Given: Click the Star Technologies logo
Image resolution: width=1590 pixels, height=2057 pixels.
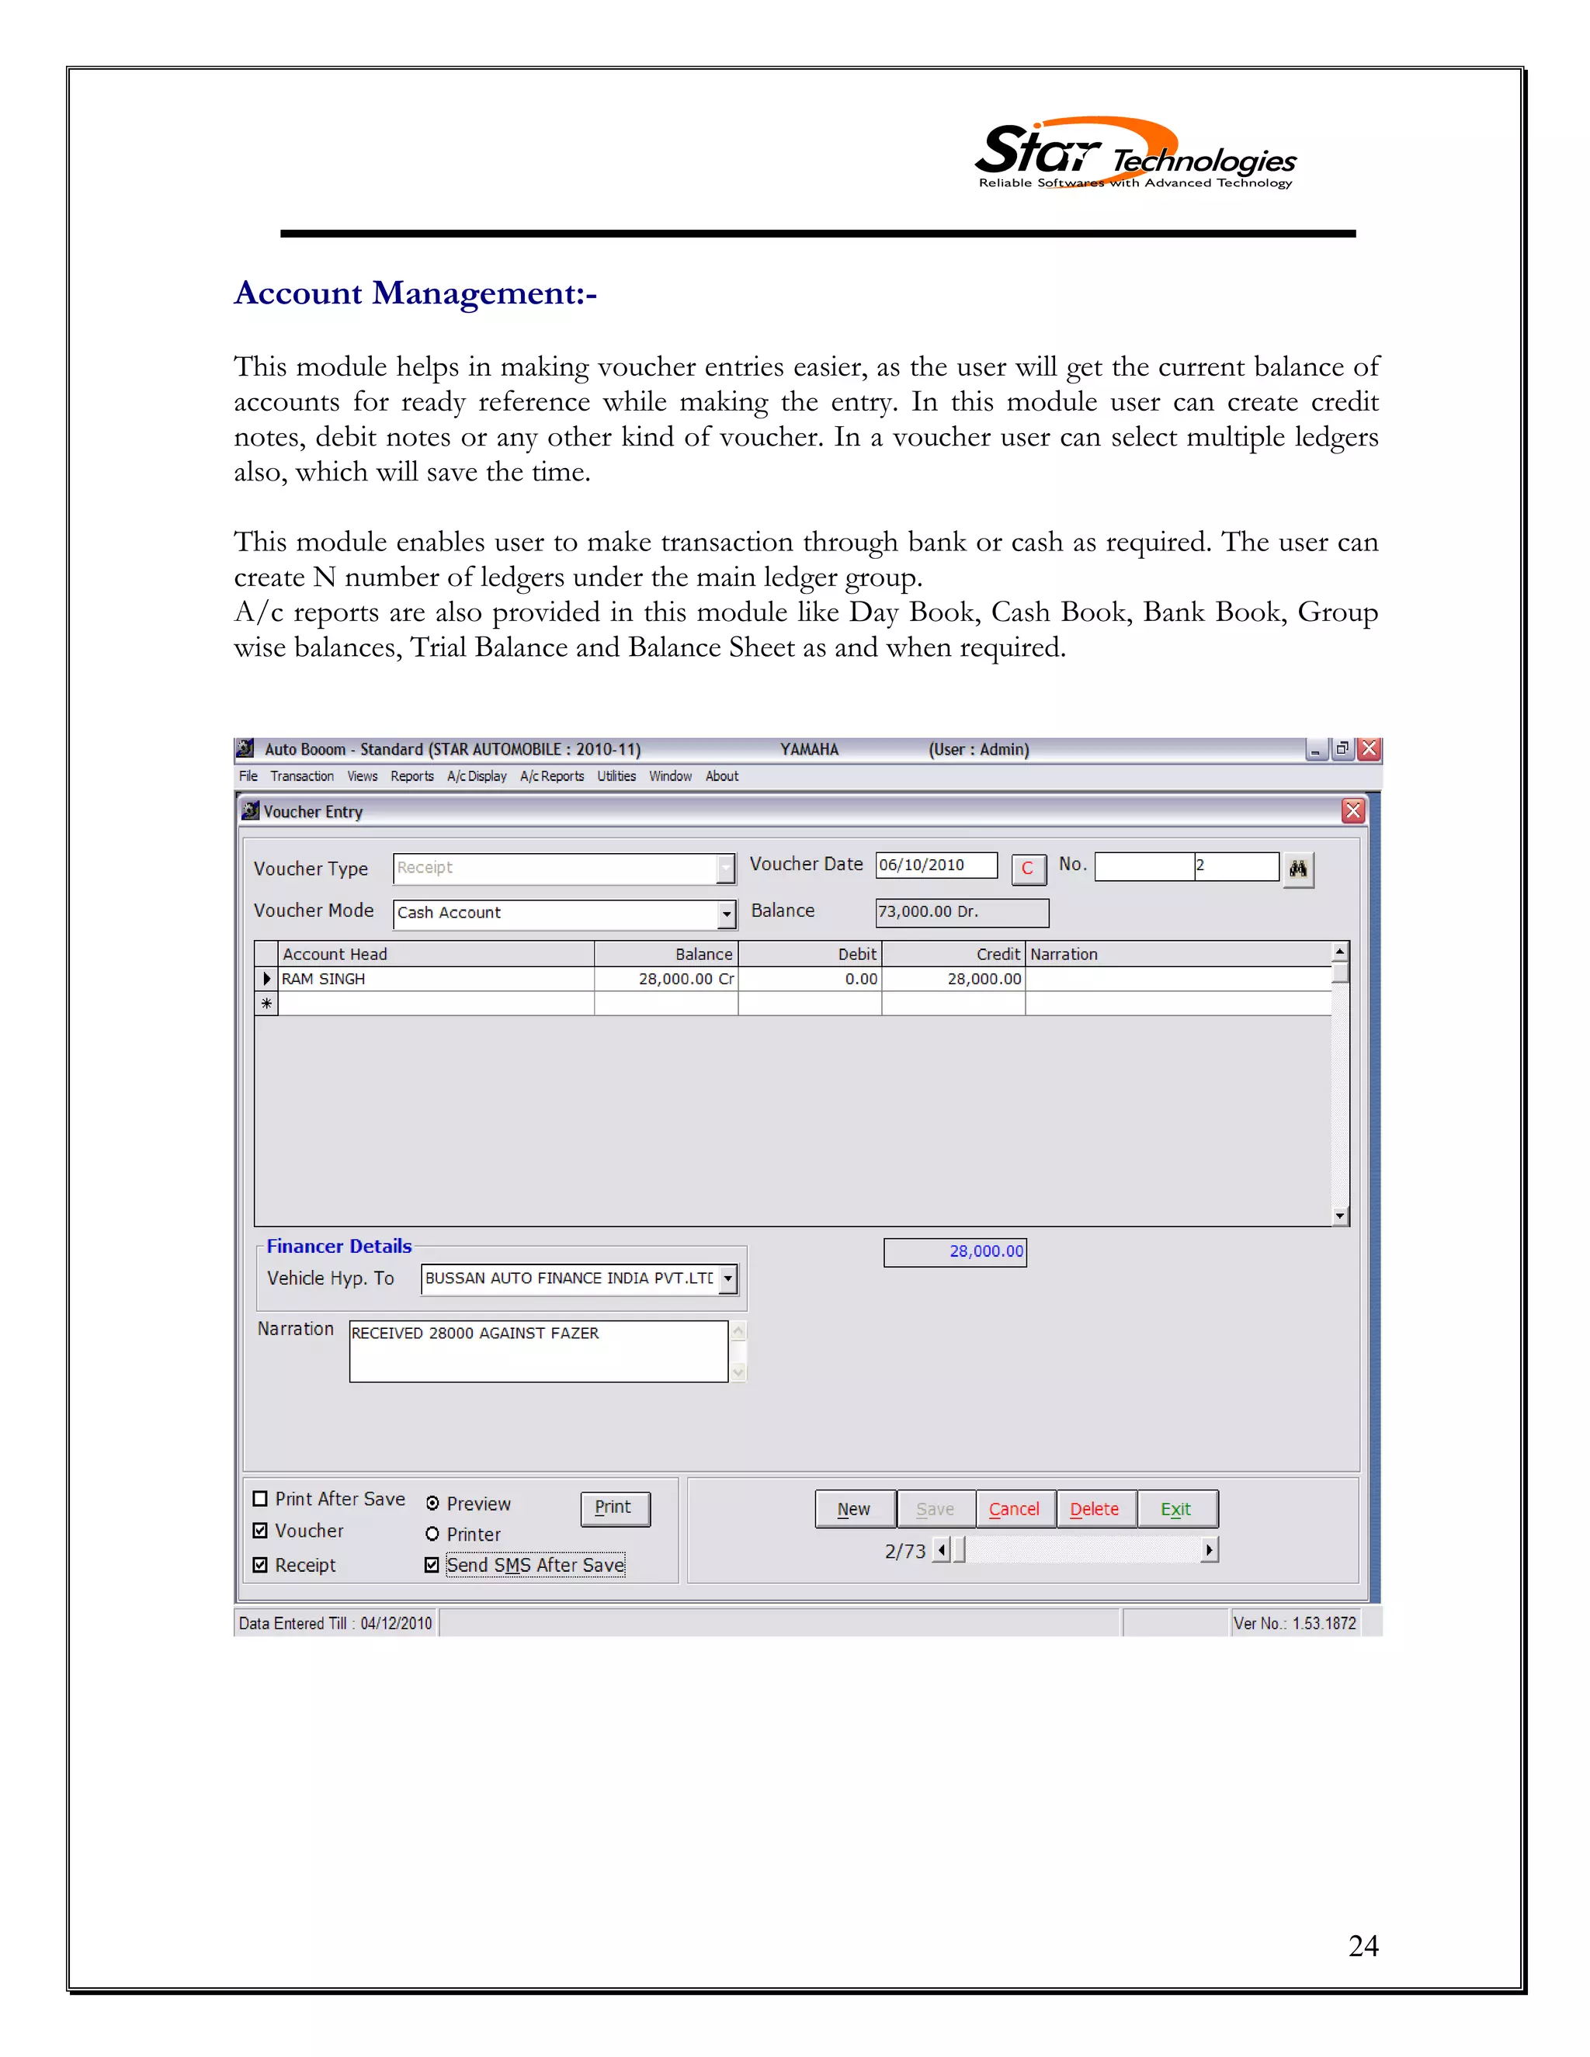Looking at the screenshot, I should pyautogui.click(x=1134, y=154).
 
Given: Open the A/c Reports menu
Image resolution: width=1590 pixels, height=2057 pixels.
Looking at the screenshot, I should pyautogui.click(x=552, y=776).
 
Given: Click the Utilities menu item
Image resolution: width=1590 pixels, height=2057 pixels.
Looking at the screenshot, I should pyautogui.click(x=616, y=776).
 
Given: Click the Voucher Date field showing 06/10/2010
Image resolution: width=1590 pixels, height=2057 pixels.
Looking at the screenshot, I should pyautogui.click(x=936, y=865).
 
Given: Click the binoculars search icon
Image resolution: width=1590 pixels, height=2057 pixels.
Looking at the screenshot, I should pyautogui.click(x=1298, y=869).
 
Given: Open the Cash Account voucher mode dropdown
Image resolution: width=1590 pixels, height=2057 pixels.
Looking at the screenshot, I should pyautogui.click(x=726, y=914).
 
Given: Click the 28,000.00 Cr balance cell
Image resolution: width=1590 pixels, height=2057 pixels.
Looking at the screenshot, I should pyautogui.click(x=667, y=979).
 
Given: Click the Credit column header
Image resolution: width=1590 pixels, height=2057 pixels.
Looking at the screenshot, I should pyautogui.click(x=953, y=954).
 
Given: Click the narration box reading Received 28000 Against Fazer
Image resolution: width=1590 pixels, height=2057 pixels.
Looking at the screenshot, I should pyautogui.click(x=537, y=1351).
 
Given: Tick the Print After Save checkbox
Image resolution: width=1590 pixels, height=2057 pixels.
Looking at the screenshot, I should pyautogui.click(x=261, y=1498).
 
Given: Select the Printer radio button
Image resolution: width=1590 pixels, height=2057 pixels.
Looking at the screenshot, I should pyautogui.click(x=432, y=1535).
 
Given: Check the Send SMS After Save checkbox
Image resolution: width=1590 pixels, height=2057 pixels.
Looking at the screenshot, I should pyautogui.click(x=432, y=1564).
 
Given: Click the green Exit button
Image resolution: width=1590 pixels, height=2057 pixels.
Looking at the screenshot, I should pyautogui.click(x=1176, y=1509).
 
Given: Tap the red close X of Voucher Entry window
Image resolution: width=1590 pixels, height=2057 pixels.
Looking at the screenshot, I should pyautogui.click(x=1352, y=811).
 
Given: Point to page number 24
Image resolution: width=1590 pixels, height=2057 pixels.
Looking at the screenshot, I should pyautogui.click(x=1363, y=1945).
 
